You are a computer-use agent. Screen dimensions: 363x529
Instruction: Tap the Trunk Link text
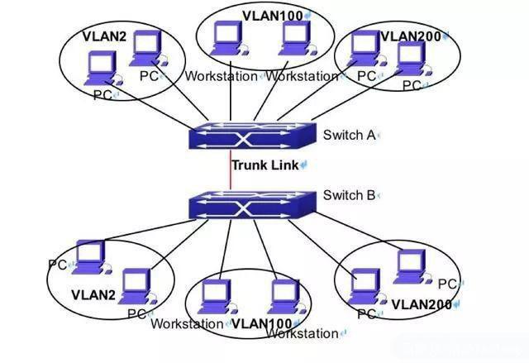[x=265, y=165]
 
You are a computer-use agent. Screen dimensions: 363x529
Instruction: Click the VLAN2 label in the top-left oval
[x=104, y=36]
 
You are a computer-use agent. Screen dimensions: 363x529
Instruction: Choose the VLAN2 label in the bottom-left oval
[x=92, y=294]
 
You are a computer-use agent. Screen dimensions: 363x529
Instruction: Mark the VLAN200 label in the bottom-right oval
[x=421, y=304]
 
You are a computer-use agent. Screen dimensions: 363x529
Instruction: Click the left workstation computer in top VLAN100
[x=226, y=36]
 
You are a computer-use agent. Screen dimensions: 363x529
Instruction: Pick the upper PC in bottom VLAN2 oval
[x=88, y=254]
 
